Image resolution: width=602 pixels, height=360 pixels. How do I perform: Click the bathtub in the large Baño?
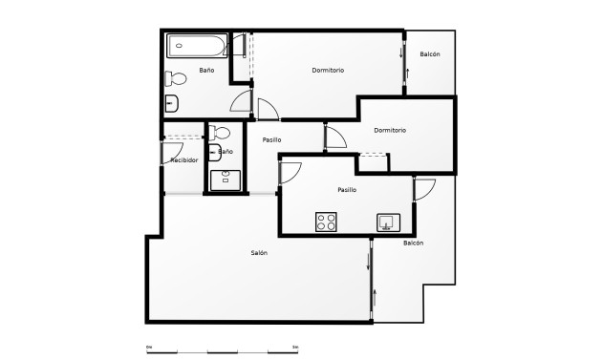(196, 46)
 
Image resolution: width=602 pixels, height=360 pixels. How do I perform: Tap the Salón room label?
(259, 253)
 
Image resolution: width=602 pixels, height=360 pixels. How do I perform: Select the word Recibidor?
(183, 160)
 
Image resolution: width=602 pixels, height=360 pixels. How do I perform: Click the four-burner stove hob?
(327, 222)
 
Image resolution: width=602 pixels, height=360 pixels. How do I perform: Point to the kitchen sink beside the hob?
(387, 222)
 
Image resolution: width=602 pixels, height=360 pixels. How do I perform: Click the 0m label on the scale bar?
(149, 346)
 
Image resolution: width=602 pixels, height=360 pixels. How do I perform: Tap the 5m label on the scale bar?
(295, 346)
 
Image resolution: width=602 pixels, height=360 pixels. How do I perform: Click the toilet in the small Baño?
(221, 133)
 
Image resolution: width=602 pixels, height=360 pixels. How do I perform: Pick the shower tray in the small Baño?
(226, 180)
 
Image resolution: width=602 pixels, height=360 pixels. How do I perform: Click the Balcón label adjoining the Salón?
(413, 244)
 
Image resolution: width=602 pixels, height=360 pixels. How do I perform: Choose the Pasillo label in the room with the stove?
(347, 190)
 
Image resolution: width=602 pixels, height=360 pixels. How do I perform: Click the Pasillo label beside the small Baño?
(271, 140)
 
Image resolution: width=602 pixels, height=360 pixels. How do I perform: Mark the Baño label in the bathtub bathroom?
(206, 71)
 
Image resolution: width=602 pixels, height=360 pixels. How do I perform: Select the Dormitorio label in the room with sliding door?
(328, 70)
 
